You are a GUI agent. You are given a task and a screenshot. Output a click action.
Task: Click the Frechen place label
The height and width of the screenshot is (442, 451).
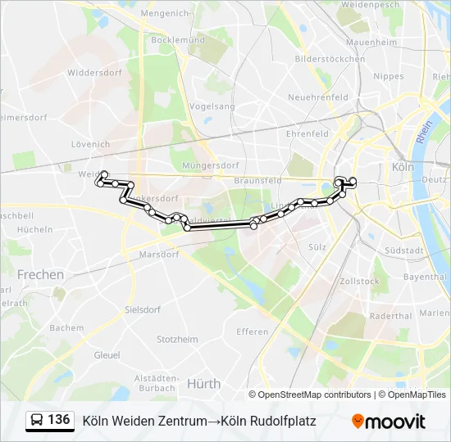(x=40, y=275)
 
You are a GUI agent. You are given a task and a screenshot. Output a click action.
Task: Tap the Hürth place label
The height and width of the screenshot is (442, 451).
(x=203, y=383)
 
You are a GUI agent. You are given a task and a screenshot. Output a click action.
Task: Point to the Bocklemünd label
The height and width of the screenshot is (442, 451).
(x=177, y=39)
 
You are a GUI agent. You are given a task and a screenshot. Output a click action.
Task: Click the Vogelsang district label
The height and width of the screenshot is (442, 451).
(x=212, y=106)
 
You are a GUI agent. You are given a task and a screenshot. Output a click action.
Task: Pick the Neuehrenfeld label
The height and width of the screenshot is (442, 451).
(x=317, y=97)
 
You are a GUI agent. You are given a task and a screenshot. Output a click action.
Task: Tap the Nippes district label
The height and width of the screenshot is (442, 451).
(x=388, y=76)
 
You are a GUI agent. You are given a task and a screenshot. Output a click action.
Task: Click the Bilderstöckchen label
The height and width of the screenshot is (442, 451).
(x=330, y=59)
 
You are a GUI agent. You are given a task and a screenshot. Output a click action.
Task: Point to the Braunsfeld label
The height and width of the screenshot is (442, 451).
(x=257, y=180)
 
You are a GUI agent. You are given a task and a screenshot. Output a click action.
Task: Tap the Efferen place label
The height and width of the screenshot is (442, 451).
(x=252, y=331)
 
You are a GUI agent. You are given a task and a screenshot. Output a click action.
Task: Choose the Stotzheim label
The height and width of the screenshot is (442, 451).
(x=177, y=339)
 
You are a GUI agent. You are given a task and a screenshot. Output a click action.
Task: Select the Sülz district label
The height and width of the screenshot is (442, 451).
(x=317, y=246)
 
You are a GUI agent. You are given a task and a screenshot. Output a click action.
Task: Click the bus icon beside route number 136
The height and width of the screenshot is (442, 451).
(x=37, y=421)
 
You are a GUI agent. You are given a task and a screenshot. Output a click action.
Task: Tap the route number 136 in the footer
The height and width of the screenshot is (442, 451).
(x=59, y=420)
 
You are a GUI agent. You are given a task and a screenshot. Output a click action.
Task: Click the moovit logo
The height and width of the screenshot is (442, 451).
(x=389, y=422)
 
